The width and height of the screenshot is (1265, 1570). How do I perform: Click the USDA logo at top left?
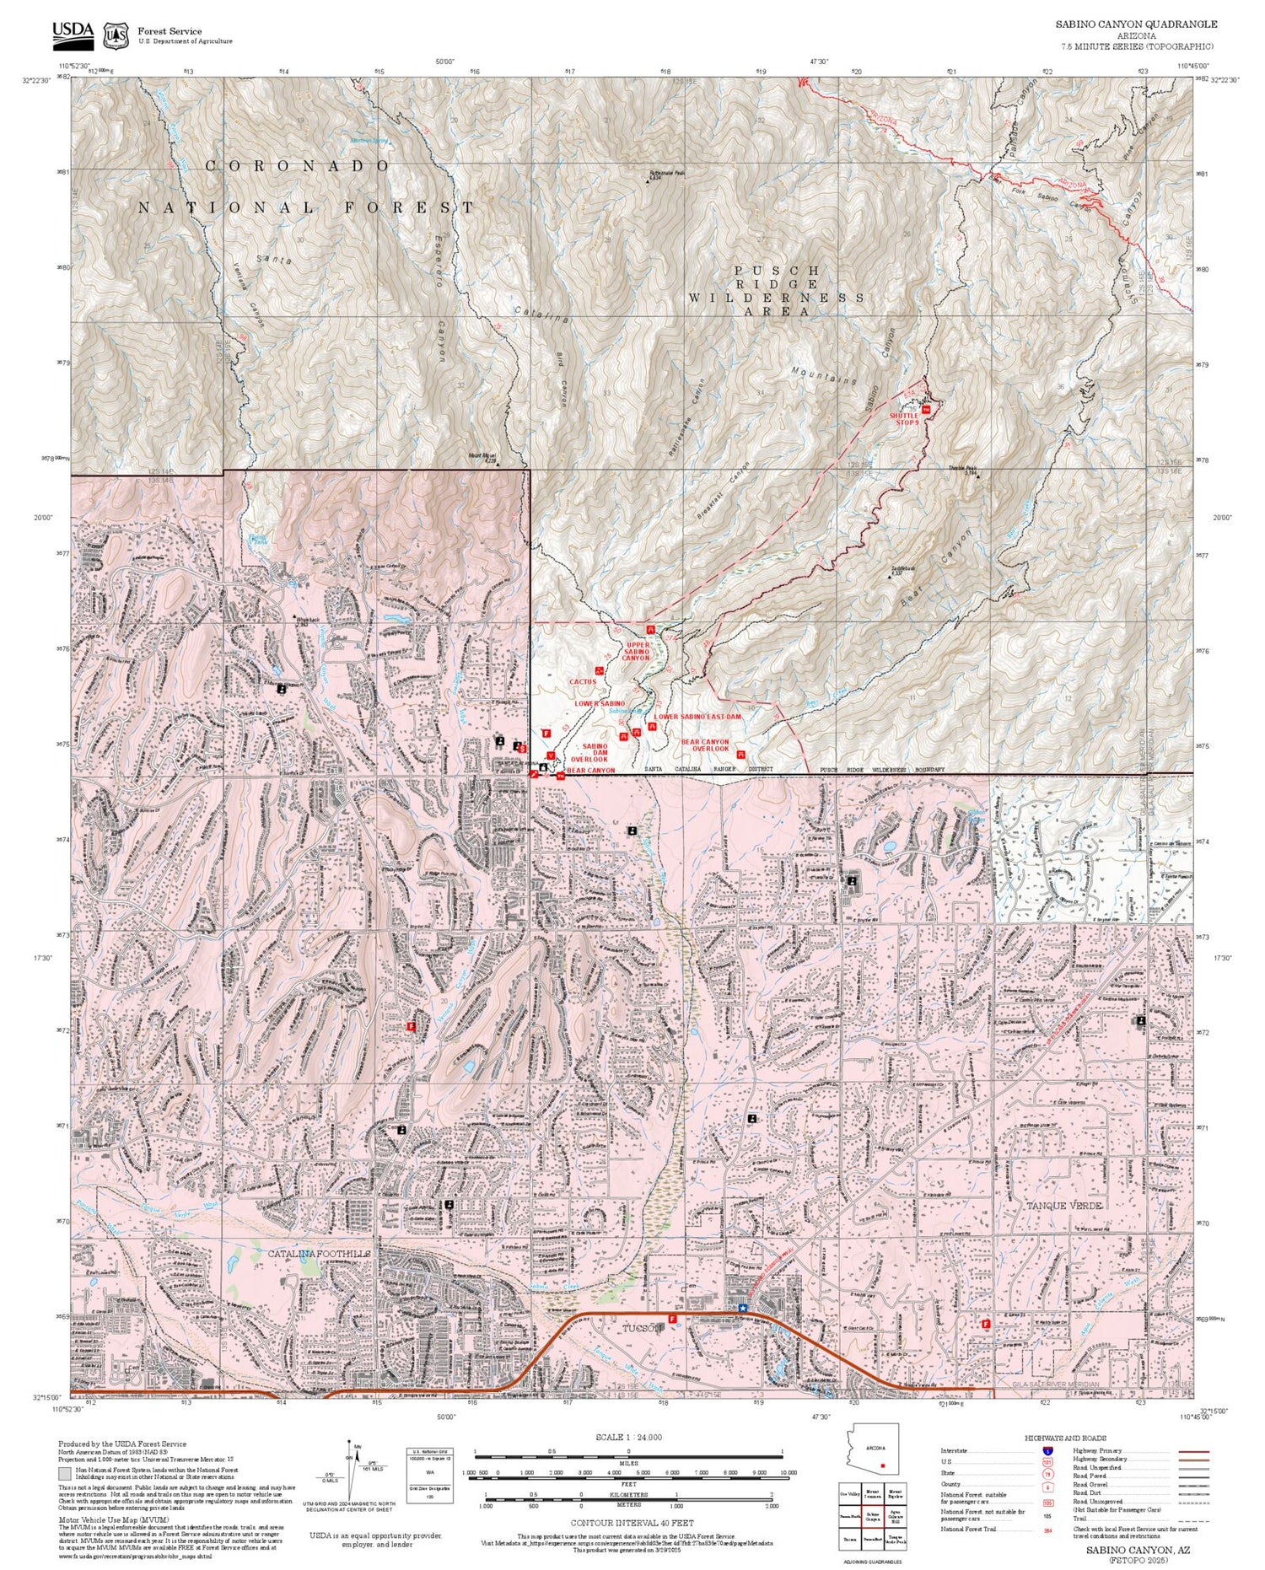click(73, 31)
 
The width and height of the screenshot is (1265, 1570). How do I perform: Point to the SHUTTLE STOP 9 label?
click(903, 418)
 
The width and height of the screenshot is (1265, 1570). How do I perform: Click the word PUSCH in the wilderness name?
click(776, 271)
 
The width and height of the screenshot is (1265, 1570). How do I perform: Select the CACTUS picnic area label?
click(583, 681)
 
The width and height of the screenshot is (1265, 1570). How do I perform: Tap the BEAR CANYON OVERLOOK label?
click(705, 745)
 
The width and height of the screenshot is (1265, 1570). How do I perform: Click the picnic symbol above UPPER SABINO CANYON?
click(650, 629)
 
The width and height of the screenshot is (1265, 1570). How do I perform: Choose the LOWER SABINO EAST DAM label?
click(697, 716)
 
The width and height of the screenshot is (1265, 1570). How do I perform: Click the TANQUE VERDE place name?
click(1063, 1206)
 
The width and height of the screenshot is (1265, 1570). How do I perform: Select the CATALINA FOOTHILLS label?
click(319, 1254)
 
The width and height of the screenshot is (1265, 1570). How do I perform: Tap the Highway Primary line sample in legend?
click(1189, 1451)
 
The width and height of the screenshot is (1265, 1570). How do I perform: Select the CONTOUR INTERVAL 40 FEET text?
click(632, 1523)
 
